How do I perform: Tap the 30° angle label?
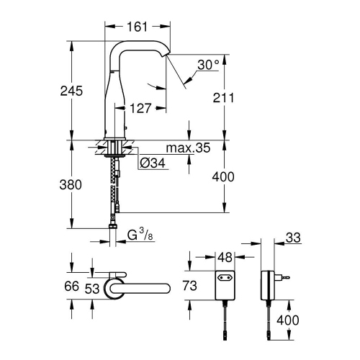pyautogui.click(x=208, y=65)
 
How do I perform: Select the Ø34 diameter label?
pyautogui.click(x=150, y=163)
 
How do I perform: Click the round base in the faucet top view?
pyautogui.click(x=115, y=287)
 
